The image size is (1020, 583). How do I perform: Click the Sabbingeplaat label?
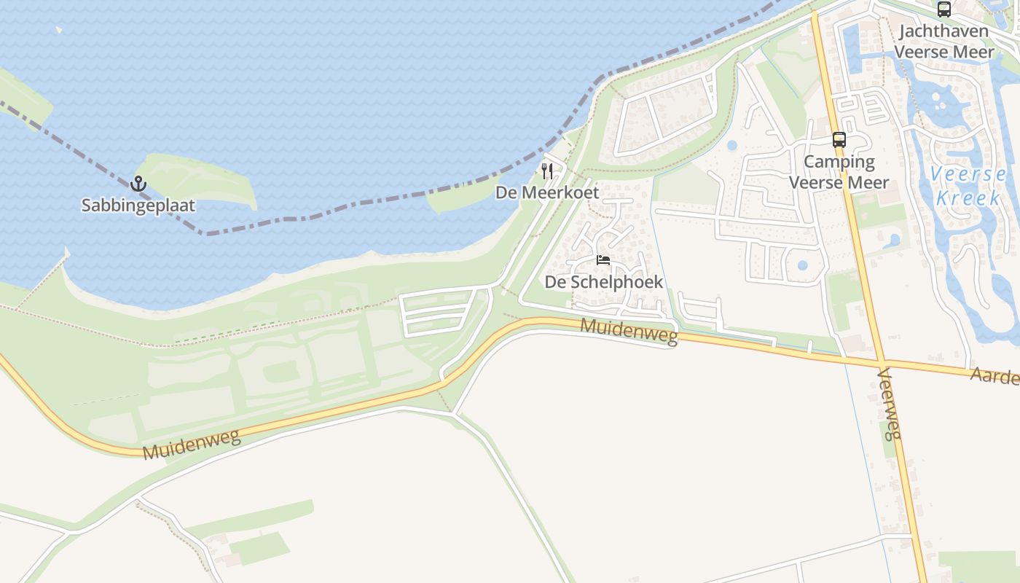(138, 206)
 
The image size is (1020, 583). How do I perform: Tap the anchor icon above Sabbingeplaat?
(138, 184)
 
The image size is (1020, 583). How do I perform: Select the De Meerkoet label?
(547, 192)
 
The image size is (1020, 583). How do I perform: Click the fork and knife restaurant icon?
(547, 171)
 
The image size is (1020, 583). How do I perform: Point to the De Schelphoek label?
(603, 281)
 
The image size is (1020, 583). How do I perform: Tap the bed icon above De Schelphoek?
(603, 260)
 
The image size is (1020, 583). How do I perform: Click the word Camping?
(839, 162)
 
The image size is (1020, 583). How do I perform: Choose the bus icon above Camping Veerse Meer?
(839, 140)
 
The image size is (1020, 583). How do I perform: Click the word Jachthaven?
(943, 31)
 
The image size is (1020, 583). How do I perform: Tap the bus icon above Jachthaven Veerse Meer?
(944, 9)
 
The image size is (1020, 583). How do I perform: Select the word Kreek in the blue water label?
(968, 197)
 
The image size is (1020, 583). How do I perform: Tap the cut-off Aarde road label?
(994, 376)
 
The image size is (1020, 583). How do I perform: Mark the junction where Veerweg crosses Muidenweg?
(881, 361)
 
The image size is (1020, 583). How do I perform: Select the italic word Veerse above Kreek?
(969, 175)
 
